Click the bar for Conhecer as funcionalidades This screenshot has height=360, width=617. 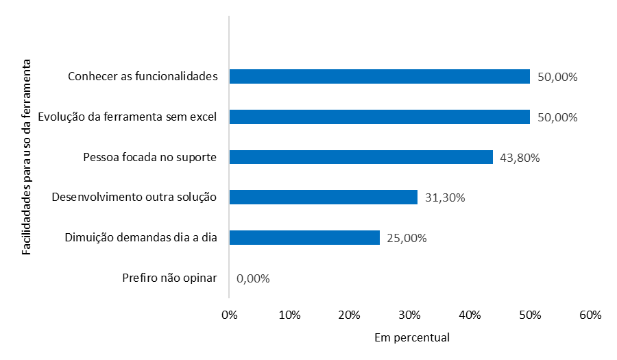pyautogui.click(x=379, y=76)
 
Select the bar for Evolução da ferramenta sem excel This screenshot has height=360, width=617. pyautogui.click(x=379, y=117)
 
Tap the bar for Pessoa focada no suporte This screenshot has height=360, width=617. pyautogui.click(x=361, y=157)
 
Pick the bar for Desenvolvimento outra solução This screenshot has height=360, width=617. pyautogui.click(x=323, y=197)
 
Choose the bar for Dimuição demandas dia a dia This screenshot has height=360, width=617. pyautogui.click(x=304, y=237)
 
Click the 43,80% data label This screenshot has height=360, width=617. pyautogui.click(x=520, y=158)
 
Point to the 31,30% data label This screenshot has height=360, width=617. pyautogui.click(x=445, y=198)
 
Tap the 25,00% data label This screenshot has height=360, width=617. pyautogui.click(x=407, y=238)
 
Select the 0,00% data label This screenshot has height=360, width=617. pyautogui.click(x=253, y=278)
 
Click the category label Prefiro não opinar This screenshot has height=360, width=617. pyautogui.click(x=169, y=278)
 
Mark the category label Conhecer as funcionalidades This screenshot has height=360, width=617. pyautogui.click(x=143, y=76)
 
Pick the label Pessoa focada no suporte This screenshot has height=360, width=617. pyautogui.click(x=149, y=157)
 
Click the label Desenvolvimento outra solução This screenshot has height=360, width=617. pyautogui.click(x=134, y=197)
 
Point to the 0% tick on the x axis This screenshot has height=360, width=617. pyautogui.click(x=230, y=315)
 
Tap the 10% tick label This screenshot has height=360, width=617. pyautogui.click(x=290, y=315)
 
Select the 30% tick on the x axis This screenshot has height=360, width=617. pyautogui.click(x=410, y=315)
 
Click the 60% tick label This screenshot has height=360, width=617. pyautogui.click(x=590, y=315)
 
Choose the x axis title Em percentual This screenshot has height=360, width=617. pyautogui.click(x=412, y=338)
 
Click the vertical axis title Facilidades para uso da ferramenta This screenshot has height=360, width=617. pyautogui.click(x=27, y=157)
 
